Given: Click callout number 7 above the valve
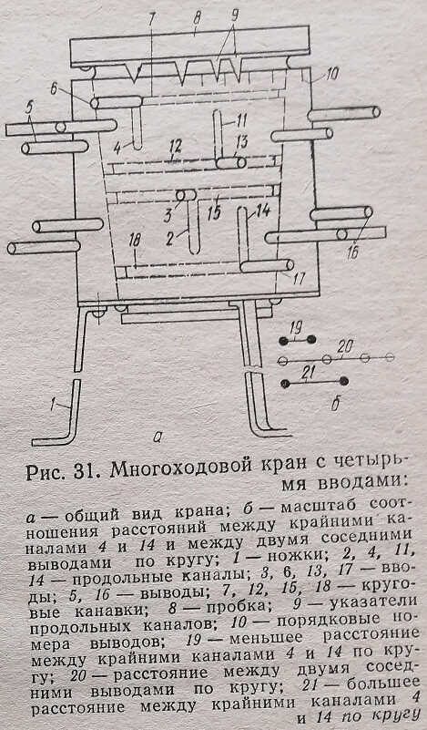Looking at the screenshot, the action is tap(152, 18).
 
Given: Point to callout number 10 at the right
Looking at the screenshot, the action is tap(332, 73).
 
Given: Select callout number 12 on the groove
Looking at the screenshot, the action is tap(175, 147).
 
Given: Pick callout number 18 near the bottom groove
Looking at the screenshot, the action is tap(135, 241).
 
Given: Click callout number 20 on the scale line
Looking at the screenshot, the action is tap(345, 347).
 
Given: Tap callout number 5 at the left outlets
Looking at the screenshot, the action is tap(29, 108).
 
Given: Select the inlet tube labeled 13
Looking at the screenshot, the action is tap(231, 163).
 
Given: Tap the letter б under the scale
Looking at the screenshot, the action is tap(335, 405).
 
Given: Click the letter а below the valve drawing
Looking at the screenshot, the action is tap(158, 437).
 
